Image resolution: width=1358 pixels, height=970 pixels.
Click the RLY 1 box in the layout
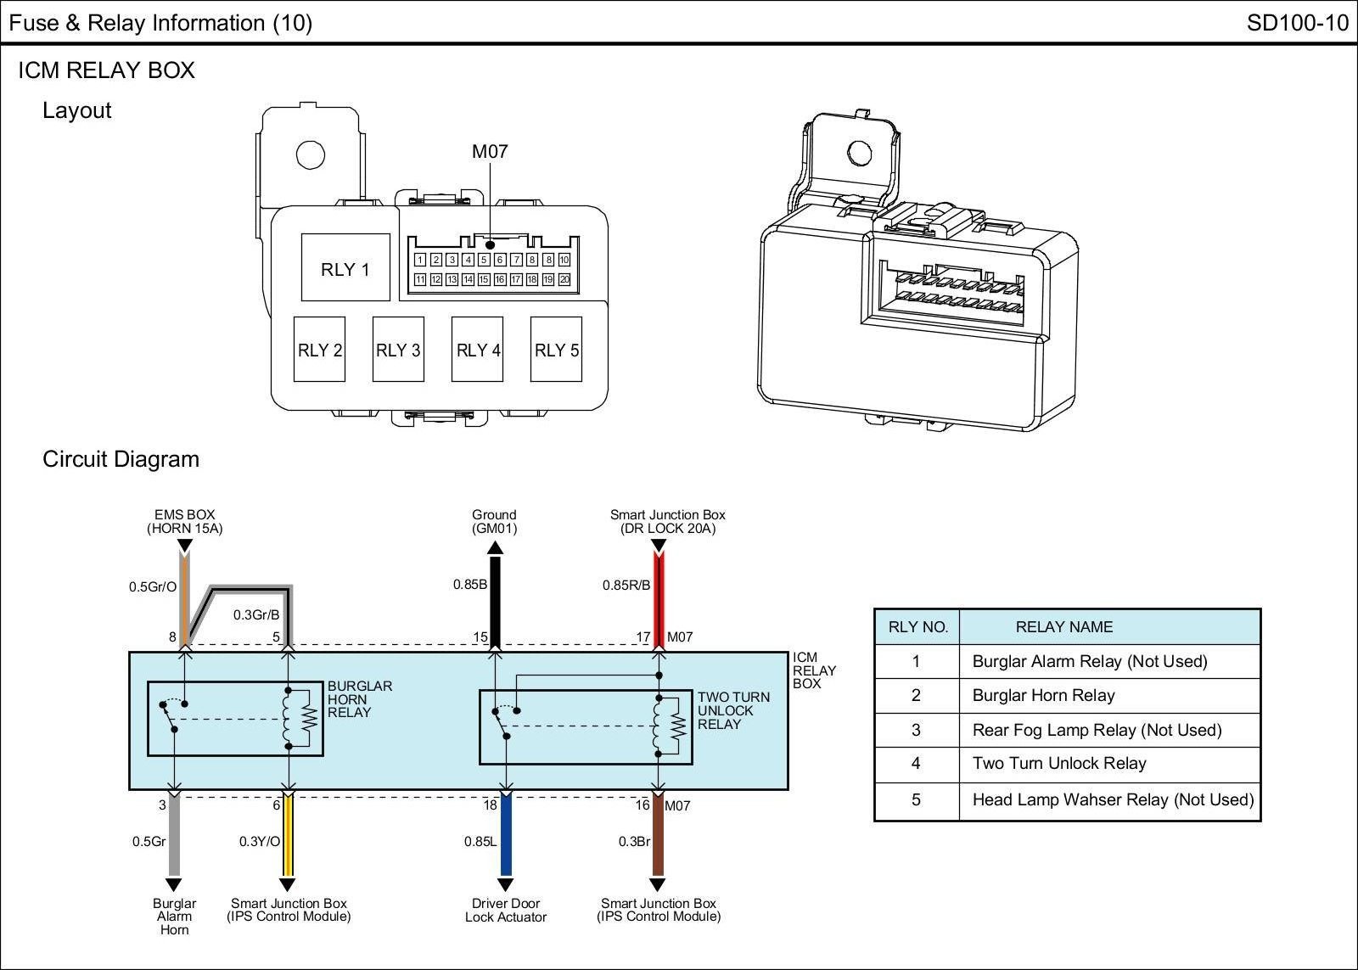point(345,269)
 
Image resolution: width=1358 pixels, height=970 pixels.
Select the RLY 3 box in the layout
point(398,350)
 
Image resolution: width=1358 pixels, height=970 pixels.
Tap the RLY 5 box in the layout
point(557,350)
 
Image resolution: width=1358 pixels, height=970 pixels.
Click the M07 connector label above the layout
point(490,152)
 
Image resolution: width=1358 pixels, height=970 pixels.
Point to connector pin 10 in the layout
point(564,260)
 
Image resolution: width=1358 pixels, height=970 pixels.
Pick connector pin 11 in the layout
point(419,279)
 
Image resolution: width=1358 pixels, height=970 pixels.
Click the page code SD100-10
point(1297,23)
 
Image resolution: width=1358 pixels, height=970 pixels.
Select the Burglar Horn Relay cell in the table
point(1043,696)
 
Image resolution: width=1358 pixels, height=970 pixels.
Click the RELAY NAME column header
point(1063,627)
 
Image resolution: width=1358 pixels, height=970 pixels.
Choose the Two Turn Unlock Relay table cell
point(1059,764)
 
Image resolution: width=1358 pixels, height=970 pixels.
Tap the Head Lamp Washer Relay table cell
point(1113,800)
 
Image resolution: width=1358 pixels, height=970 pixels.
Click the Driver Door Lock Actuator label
point(506,911)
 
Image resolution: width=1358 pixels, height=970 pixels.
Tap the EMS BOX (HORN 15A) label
point(184,521)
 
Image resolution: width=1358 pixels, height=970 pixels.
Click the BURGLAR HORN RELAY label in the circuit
point(360,699)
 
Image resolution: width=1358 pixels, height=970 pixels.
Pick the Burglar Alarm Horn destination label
point(174,917)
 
